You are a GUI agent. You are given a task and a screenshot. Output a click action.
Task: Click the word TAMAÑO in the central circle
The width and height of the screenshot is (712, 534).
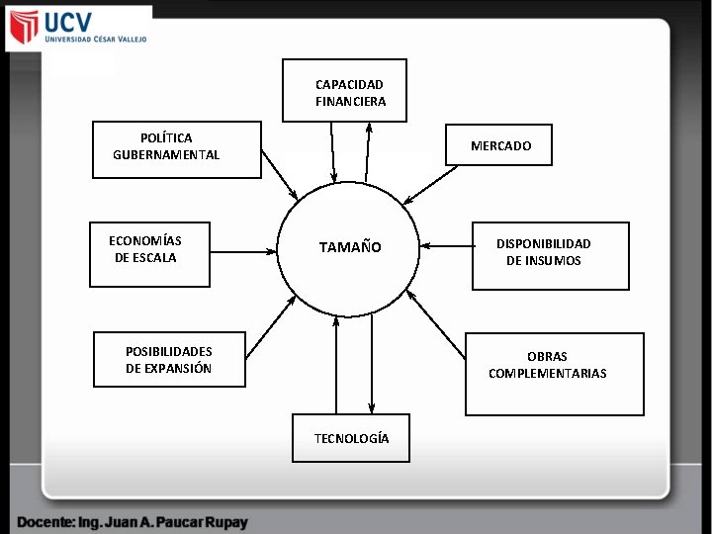[x=349, y=247]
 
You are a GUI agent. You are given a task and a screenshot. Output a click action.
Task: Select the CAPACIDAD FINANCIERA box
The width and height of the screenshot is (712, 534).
[x=344, y=91]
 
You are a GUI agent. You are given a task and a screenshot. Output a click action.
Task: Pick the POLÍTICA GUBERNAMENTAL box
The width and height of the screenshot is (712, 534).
[x=177, y=149]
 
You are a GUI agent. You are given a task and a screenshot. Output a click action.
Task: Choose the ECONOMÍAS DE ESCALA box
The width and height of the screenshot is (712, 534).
[x=149, y=254]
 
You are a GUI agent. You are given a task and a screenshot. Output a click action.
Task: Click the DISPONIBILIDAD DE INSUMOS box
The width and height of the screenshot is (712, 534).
[x=550, y=255]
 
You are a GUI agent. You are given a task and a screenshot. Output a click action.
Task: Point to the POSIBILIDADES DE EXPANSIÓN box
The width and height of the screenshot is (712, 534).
[x=169, y=359]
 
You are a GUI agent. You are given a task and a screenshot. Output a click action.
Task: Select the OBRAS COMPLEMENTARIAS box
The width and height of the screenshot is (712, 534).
[x=554, y=373]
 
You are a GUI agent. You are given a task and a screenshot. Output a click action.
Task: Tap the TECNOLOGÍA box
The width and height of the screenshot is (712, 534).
[x=351, y=438]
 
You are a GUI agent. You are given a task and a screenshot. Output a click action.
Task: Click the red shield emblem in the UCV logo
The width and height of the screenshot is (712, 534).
[x=23, y=28]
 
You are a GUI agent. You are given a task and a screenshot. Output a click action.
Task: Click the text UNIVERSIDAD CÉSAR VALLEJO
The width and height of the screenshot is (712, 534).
[x=95, y=40]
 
